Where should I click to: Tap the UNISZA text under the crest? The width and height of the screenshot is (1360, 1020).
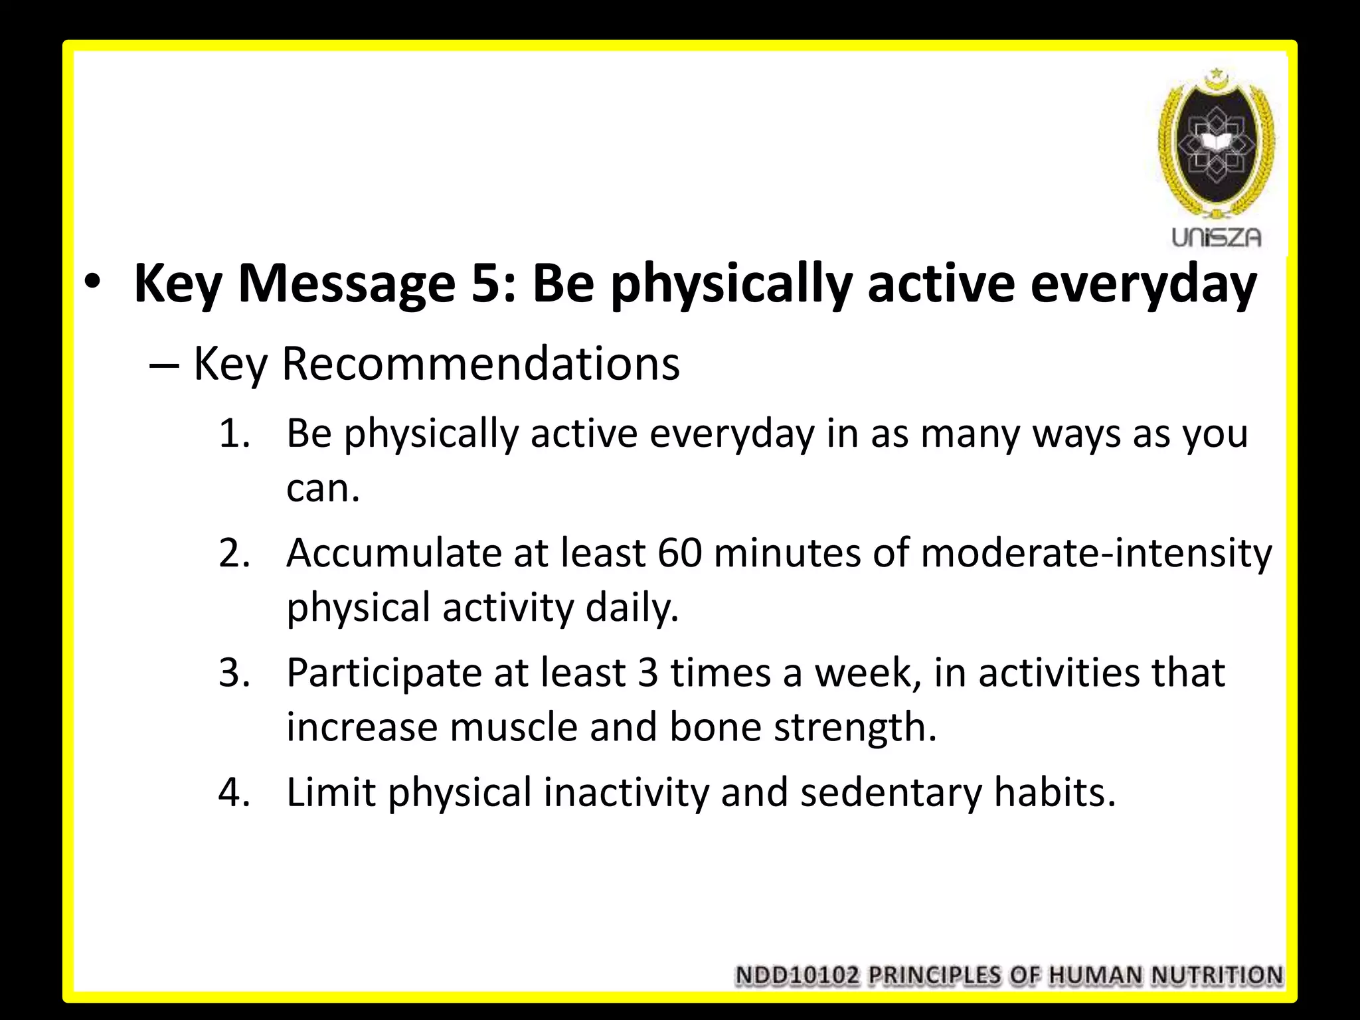coord(1216,237)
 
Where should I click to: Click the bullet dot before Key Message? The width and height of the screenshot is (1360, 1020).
coord(92,284)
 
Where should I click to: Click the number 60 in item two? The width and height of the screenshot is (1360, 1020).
coord(679,553)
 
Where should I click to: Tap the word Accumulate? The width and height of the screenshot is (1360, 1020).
coord(393,553)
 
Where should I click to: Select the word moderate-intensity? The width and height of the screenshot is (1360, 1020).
coord(1096,553)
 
